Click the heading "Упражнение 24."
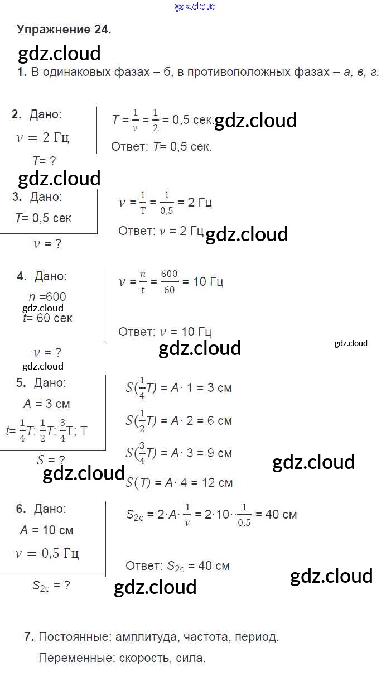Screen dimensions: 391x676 tap(64, 30)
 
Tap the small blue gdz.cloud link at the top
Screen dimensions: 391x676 tap(195, 6)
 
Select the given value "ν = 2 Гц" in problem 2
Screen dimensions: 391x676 tap(43, 137)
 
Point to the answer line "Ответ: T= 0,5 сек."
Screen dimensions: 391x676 tap(161, 147)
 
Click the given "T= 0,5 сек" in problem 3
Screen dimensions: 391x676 tap(44, 218)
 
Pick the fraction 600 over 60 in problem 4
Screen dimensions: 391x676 tap(169, 282)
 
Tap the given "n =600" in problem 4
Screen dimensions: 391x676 tap(47, 297)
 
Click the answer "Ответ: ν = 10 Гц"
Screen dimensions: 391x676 tap(165, 332)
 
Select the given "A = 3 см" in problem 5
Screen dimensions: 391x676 tap(46, 404)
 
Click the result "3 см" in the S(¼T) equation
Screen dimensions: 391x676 tap(219, 387)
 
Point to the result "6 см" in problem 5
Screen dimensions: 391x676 tap(219, 420)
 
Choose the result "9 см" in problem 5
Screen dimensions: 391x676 tap(219, 453)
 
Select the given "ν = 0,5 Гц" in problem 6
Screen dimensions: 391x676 tap(47, 554)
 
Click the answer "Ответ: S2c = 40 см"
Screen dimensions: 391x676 tap(177, 566)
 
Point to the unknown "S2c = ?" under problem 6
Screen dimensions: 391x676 tap(51, 586)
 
